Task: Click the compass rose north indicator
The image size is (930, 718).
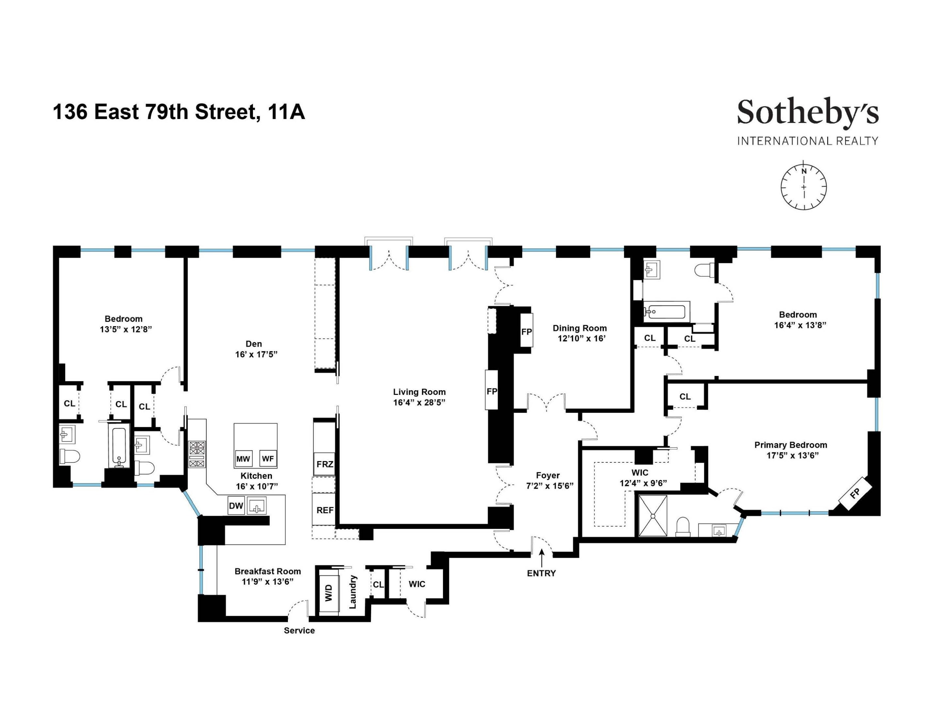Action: click(x=804, y=171)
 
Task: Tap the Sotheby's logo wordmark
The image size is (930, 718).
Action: click(x=808, y=112)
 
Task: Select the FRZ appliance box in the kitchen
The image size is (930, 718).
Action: click(x=325, y=464)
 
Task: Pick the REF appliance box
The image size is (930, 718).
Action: click(x=325, y=510)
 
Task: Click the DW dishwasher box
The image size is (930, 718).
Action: click(x=236, y=506)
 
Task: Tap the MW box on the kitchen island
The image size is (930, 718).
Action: click(x=243, y=458)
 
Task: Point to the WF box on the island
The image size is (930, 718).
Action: click(x=268, y=458)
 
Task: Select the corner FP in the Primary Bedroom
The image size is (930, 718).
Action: click(x=855, y=493)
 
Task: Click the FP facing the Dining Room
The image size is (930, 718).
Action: click(x=526, y=331)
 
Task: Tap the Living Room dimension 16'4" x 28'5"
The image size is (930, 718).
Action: click(x=419, y=403)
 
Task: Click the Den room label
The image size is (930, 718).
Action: click(x=254, y=344)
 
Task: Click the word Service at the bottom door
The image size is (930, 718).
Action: click(x=299, y=630)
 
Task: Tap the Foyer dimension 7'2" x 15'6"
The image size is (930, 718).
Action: click(x=549, y=486)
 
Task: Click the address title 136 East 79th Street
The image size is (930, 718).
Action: click(x=179, y=112)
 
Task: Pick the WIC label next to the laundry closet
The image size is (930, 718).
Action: click(x=416, y=584)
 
